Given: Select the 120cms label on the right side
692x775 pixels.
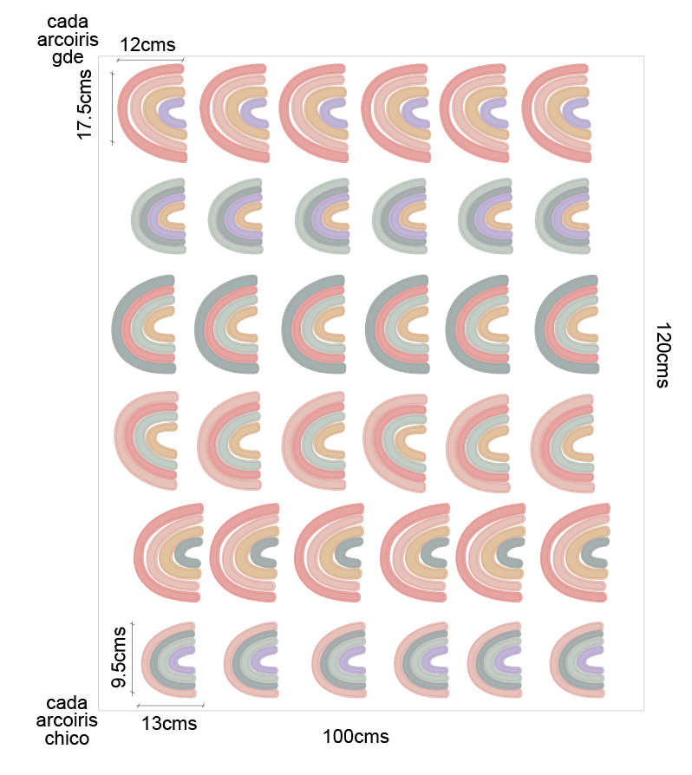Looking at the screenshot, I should pyautogui.click(x=663, y=355).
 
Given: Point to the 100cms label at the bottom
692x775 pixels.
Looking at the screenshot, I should pyautogui.click(x=356, y=738).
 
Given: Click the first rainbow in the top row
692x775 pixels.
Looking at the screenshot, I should pyautogui.click(x=153, y=112).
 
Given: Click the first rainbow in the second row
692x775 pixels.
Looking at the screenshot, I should pyautogui.click(x=160, y=216).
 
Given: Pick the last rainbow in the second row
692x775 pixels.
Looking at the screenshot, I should pyautogui.click(x=564, y=216).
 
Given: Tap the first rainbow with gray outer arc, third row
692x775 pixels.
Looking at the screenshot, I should pyautogui.click(x=145, y=324).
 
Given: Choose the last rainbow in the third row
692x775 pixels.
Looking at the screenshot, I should pyautogui.click(x=567, y=324).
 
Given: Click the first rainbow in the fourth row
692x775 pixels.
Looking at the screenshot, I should pyautogui.click(x=147, y=442).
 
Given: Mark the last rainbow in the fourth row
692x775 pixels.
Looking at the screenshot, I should pyautogui.click(x=563, y=442).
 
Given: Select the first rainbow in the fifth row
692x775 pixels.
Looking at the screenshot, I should pyautogui.click(x=169, y=551).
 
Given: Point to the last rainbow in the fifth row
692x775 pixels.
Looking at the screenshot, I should pyautogui.click(x=576, y=551).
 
